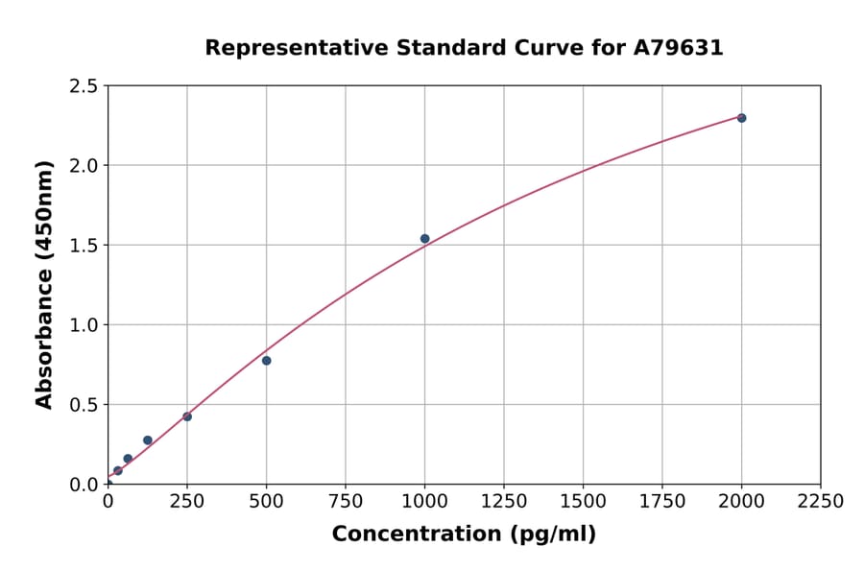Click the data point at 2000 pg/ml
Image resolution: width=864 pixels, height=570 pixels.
tap(741, 118)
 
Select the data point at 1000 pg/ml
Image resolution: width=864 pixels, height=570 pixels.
tap(424, 239)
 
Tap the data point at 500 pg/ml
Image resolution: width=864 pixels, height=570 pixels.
tap(266, 361)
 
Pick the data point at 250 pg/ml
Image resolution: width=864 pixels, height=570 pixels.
tap(187, 416)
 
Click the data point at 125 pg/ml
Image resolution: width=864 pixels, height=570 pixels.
tap(148, 440)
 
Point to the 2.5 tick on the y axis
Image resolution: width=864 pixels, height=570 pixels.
tap(84, 86)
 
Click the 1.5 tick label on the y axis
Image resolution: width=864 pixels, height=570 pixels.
tap(84, 246)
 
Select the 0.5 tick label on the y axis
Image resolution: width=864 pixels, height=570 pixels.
tap(84, 405)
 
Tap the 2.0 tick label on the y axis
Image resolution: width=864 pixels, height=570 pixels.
tap(84, 166)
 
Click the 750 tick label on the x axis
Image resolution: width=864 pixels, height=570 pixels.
tap(346, 502)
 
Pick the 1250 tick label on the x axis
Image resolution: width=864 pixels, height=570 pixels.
tap(504, 502)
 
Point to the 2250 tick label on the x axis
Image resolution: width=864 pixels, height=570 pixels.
tap(821, 502)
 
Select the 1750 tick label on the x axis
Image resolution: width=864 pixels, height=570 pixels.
tap(662, 502)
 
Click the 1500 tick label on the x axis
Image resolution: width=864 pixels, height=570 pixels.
tap(583, 502)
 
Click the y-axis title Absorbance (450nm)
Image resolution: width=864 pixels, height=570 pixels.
tap(44, 285)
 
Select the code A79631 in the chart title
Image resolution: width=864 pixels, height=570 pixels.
tap(680, 48)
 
